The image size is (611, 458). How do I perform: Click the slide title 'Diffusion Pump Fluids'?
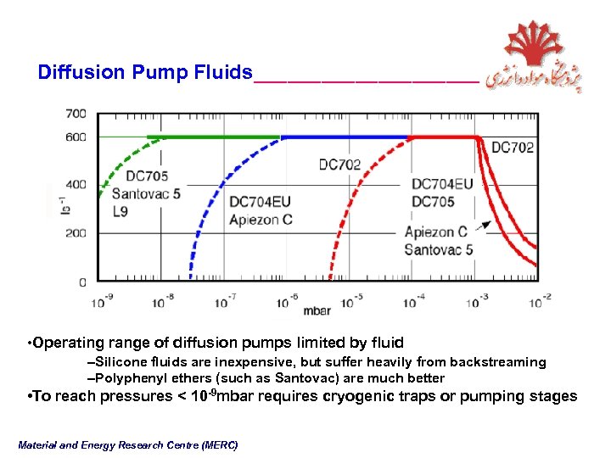[x=145, y=72]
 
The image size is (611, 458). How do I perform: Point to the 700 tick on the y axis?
[x=76, y=113]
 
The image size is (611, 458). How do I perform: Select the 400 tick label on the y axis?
[x=76, y=184]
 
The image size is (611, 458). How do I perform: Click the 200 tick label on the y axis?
[x=76, y=232]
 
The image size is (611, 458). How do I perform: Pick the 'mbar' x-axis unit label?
[x=317, y=310]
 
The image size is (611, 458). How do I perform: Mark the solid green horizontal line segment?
[x=212, y=137]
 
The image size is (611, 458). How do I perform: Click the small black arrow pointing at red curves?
[x=483, y=226]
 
